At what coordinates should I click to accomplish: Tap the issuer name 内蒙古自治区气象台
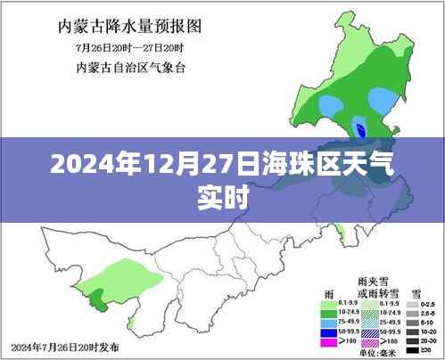pyautogui.click(x=126, y=68)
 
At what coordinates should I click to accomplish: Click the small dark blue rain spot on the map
pyautogui.click(x=359, y=127)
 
